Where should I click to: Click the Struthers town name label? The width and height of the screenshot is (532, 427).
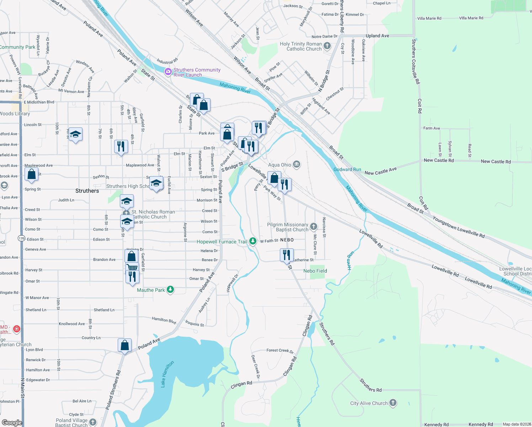87,191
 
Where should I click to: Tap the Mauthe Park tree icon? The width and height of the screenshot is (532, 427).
170,290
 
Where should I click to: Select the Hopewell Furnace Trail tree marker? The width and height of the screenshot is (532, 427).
253,241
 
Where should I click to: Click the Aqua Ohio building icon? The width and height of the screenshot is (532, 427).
297,164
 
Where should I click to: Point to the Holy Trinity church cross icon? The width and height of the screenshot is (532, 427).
327,46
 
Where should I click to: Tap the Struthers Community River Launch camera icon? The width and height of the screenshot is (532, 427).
168,72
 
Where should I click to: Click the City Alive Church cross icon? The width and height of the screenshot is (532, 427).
393,403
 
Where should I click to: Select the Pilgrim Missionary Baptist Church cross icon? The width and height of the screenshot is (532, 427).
313,226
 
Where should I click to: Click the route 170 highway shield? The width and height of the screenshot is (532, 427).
21,238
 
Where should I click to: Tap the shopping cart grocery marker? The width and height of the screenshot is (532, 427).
132,268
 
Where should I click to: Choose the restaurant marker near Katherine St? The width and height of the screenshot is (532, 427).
287,255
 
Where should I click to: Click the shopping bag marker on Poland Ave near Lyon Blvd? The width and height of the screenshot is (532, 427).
125,345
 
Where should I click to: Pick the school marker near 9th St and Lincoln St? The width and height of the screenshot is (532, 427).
75,135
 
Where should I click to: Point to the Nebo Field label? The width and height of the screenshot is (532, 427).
315,271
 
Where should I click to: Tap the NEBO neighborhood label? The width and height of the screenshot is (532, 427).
287,240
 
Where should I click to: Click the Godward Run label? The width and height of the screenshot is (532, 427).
347,169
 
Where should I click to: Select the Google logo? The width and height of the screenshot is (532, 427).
12,422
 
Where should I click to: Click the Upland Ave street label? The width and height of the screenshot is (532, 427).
377,36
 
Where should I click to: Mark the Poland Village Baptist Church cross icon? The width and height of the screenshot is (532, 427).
93,422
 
